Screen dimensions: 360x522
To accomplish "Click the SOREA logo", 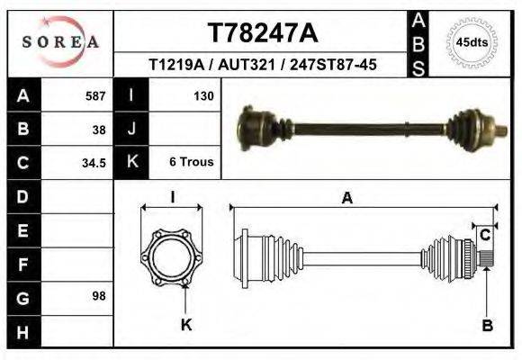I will [x=60, y=41].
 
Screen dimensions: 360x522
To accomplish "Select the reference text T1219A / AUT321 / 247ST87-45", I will [x=262, y=65].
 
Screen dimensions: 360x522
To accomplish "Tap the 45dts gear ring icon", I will [x=472, y=42].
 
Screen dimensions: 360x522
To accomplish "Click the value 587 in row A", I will [x=95, y=95].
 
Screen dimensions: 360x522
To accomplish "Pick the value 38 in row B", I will [x=99, y=129].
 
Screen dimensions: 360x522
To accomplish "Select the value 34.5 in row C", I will [x=94, y=163].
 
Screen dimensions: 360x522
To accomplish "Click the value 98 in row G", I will [x=99, y=296].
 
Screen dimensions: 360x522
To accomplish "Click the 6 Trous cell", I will [x=191, y=163].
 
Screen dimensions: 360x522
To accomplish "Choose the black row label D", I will [x=22, y=196].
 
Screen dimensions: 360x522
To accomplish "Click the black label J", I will [x=132, y=129].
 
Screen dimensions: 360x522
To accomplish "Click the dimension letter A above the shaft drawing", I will [x=346, y=199].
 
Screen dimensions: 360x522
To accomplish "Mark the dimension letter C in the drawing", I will [x=484, y=236].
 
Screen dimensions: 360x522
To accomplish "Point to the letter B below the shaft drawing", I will [x=487, y=326].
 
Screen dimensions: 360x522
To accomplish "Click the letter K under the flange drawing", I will [x=186, y=326].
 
